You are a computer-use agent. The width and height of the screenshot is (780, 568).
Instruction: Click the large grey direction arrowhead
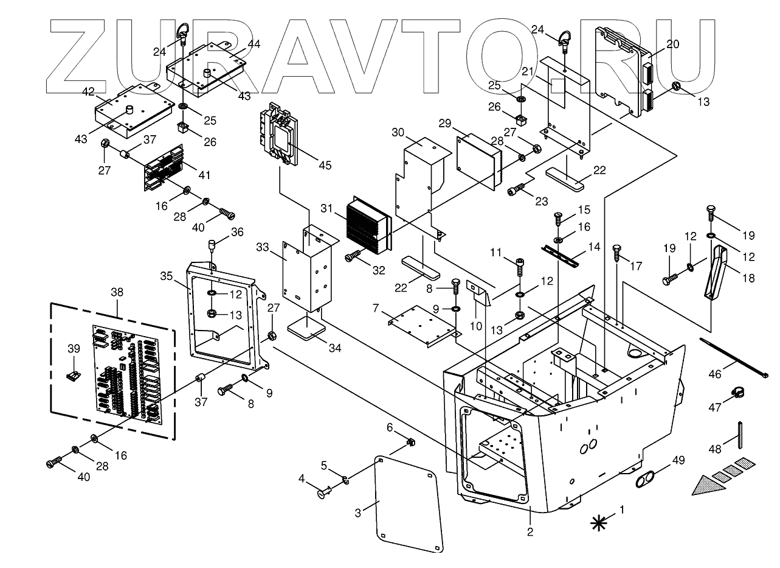(x=707, y=485)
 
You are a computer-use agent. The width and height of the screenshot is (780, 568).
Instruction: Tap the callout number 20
(x=672, y=44)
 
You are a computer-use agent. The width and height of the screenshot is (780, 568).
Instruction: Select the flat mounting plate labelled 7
(x=423, y=326)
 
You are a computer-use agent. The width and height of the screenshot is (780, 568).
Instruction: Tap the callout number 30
(x=398, y=133)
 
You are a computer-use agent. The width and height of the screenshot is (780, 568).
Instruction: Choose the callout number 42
(x=88, y=92)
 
